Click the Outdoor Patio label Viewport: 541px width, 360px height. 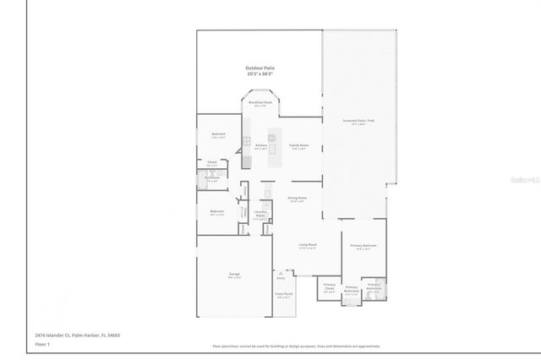[x=260, y=68]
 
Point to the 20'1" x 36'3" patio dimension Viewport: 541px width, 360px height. [x=260, y=74]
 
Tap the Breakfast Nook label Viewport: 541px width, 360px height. [x=260, y=102]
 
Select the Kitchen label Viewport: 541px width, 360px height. [x=260, y=145]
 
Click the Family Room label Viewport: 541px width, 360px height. [x=298, y=145]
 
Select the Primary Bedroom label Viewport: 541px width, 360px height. [x=363, y=246]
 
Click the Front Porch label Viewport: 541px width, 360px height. [x=282, y=295]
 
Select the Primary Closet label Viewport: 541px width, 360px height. [x=329, y=286]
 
